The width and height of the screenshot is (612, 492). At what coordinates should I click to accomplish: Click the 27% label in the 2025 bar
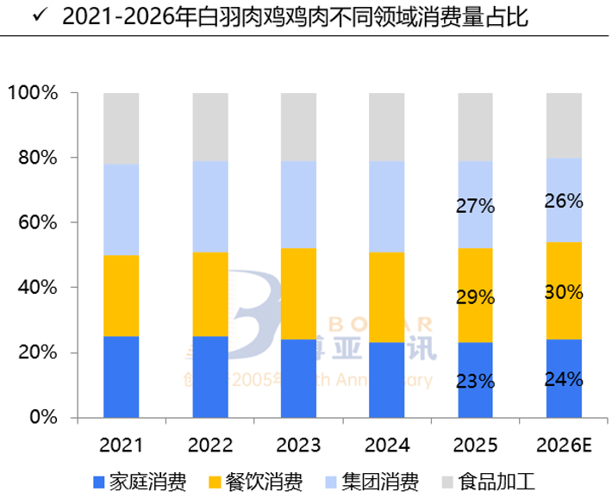pyautogui.click(x=475, y=207)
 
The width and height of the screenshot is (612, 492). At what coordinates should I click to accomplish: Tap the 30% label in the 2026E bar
pyautogui.click(x=565, y=292)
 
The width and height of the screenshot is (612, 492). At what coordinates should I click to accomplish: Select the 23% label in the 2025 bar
pyautogui.click(x=475, y=381)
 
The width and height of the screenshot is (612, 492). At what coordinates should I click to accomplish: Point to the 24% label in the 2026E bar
pyautogui.click(x=565, y=378)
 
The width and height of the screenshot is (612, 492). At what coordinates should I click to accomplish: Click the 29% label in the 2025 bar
pyautogui.click(x=475, y=297)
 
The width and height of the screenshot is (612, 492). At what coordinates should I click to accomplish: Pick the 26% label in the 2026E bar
pyautogui.click(x=565, y=202)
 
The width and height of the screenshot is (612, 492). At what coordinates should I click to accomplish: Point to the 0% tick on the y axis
pyautogui.click(x=40, y=418)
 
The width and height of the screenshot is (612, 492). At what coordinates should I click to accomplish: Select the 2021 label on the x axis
pyautogui.click(x=121, y=445)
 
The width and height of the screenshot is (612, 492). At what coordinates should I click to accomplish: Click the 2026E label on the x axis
pyautogui.click(x=565, y=445)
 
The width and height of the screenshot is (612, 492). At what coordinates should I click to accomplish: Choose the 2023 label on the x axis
pyautogui.click(x=298, y=445)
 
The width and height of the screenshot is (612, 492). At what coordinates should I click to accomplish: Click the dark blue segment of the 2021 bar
pyautogui.click(x=121, y=377)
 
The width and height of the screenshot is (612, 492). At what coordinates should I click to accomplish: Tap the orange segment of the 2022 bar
pyautogui.click(x=209, y=294)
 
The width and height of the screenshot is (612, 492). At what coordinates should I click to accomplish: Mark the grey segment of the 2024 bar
pyautogui.click(x=387, y=127)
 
